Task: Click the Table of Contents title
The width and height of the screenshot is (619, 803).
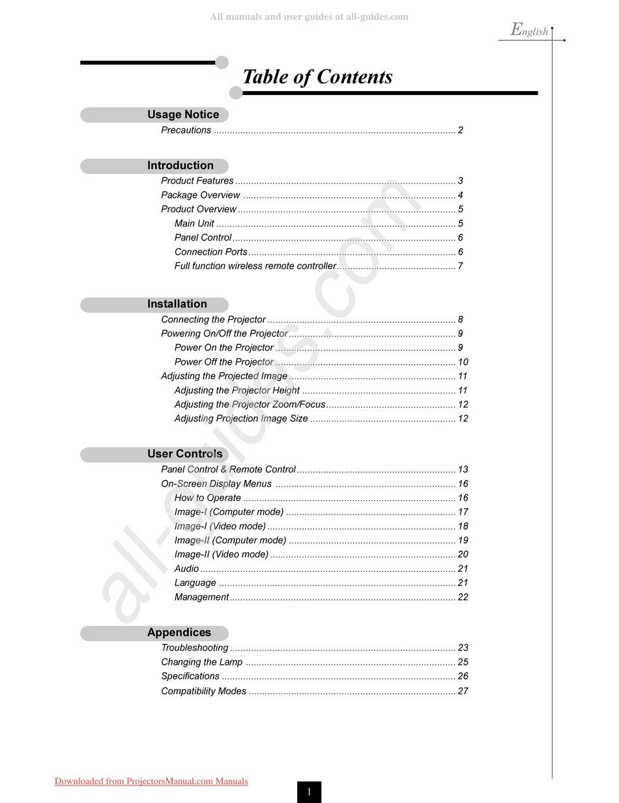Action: [x=317, y=77]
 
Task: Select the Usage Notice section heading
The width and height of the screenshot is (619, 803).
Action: [x=183, y=115]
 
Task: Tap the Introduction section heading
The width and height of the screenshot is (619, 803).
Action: [x=180, y=165]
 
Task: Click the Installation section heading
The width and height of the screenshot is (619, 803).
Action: [x=177, y=304]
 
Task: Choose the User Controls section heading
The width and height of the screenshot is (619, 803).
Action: [x=184, y=454]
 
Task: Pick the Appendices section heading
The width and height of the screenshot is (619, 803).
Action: [x=179, y=632]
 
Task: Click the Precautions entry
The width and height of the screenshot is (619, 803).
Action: [x=186, y=130]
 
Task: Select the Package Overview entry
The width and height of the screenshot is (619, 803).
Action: [x=201, y=195]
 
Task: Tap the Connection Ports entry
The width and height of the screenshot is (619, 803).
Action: [x=211, y=252]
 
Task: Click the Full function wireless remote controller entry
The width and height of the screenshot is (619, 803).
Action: [x=255, y=266]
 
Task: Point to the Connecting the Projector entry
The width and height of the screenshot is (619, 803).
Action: [x=214, y=320]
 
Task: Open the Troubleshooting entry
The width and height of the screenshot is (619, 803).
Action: [x=195, y=648]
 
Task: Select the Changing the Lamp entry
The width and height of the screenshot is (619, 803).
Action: [x=202, y=662]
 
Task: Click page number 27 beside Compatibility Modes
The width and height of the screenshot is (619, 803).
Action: [x=463, y=691]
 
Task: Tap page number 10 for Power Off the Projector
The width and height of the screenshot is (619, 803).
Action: [x=463, y=362]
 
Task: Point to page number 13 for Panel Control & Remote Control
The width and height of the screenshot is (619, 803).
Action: [x=463, y=470]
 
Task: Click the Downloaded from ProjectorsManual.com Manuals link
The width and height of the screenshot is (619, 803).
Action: [x=151, y=782]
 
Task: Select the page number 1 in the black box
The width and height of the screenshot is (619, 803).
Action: [x=309, y=792]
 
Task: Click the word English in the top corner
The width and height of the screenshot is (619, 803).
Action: [x=530, y=30]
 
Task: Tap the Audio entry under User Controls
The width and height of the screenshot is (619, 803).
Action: [x=186, y=569]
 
